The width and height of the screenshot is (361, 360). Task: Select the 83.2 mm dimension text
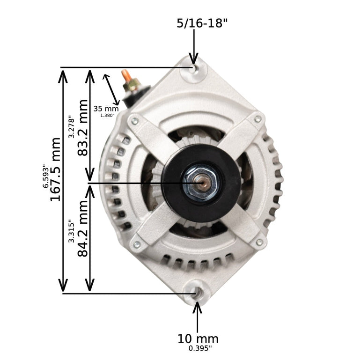click(83, 128)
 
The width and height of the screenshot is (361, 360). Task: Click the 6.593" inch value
click(45, 175)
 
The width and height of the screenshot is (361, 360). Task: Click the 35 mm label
click(106, 109)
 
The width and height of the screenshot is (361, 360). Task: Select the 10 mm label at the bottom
click(198, 338)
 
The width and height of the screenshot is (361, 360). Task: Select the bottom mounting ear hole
click(197, 293)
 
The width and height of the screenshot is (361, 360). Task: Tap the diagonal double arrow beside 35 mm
click(110, 88)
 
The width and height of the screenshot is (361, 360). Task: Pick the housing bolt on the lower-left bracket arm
click(136, 244)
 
